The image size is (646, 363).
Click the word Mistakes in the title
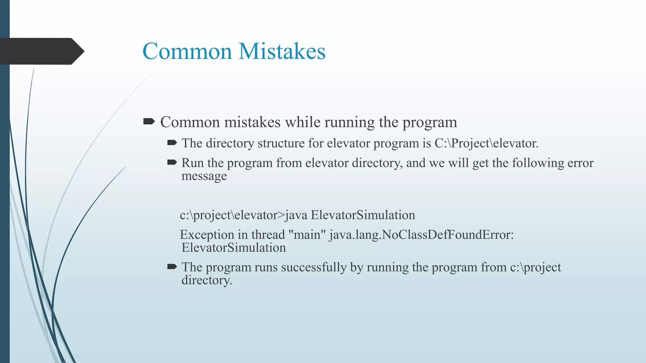coord(282,51)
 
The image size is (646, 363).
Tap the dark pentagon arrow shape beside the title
coord(41,51)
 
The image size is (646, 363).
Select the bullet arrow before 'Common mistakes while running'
coord(149,121)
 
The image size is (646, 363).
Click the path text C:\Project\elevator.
coord(486,143)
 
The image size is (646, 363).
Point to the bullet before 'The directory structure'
coord(172,143)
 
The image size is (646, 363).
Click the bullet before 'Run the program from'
coord(172,162)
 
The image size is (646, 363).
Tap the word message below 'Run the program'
coord(204,176)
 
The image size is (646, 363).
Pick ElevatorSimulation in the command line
coord(363,215)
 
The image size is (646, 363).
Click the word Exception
coord(207,235)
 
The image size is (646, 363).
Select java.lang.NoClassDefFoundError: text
coord(421,235)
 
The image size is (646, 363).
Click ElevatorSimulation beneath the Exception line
coord(234,248)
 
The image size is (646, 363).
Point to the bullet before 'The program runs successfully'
coord(172,267)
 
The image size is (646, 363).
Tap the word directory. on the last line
coord(207,280)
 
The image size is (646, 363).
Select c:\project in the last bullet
coord(536,267)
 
